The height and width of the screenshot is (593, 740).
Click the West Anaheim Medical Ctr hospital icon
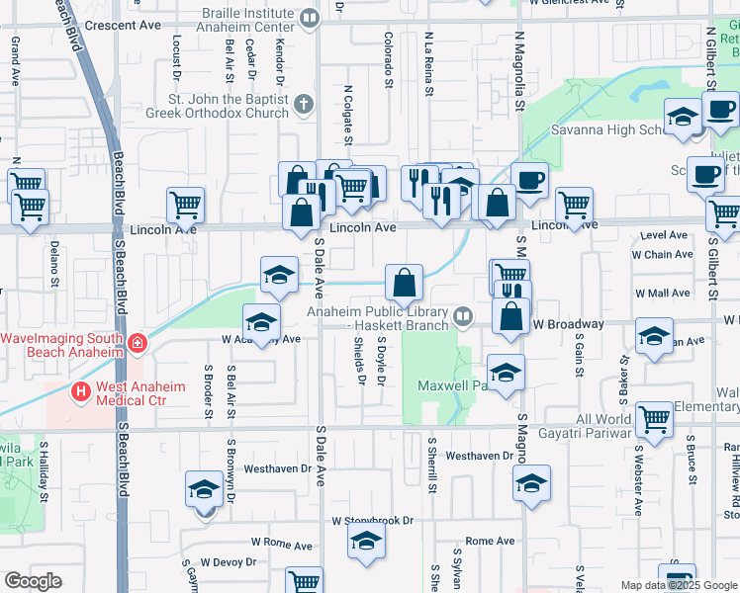(x=82, y=392)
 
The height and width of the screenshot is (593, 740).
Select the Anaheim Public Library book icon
(x=463, y=317)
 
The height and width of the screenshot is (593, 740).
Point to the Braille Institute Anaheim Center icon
(x=311, y=18)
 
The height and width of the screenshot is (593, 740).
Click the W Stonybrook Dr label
(x=371, y=520)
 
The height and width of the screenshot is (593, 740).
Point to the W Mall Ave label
(x=663, y=294)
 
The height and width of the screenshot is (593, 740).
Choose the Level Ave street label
(x=664, y=236)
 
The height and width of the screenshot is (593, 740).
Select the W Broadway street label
(x=568, y=324)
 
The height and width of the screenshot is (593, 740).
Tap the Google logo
(x=34, y=581)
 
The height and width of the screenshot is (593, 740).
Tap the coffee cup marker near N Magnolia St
(x=529, y=180)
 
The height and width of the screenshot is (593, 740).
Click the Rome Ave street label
(x=491, y=541)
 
